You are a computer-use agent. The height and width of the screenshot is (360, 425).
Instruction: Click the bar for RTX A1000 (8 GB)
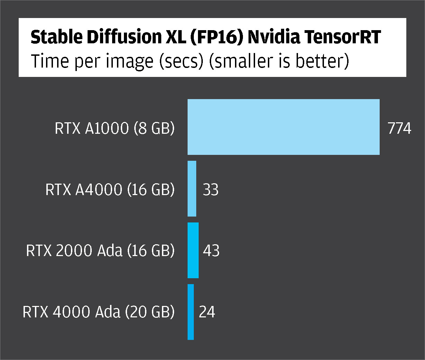[x=283, y=127]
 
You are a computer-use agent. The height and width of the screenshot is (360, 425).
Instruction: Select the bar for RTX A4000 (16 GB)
[x=192, y=189]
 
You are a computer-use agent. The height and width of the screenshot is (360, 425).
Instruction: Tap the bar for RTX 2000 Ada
[x=193, y=250]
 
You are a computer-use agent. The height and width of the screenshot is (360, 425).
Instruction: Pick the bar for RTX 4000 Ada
[x=191, y=312]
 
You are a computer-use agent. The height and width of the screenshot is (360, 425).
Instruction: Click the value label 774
[x=399, y=129]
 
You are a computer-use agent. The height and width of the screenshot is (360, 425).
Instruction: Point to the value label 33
[x=211, y=190]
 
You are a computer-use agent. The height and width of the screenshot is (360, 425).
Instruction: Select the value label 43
[x=211, y=251]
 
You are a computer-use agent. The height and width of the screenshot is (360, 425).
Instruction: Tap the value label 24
[x=207, y=312]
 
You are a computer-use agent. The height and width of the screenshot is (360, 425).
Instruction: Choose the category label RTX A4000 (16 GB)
[x=110, y=190]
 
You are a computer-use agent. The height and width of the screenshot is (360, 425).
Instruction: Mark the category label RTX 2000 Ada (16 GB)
[x=100, y=251]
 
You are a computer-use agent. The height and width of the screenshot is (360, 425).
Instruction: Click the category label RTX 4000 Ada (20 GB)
[x=99, y=312]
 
